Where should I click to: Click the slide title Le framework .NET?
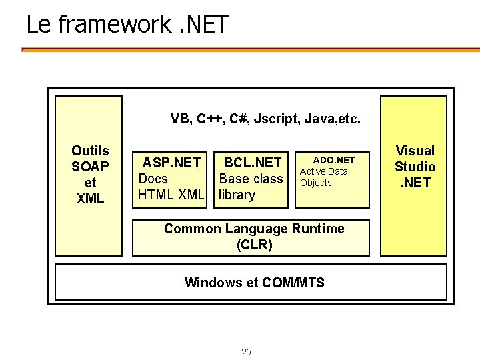(127, 25)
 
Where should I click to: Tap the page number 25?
(246, 352)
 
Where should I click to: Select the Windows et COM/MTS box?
(254, 283)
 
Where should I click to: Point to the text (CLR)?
(254, 245)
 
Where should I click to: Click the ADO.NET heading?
(333, 160)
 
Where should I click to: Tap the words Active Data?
(323, 171)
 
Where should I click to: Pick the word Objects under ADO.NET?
(315, 183)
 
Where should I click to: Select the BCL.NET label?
(252, 163)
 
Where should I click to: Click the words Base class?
(251, 179)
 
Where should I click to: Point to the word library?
(237, 195)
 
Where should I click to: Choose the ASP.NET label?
(171, 163)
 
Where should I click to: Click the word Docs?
(153, 179)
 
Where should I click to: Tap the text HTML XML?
(170, 195)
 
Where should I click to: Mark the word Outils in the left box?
(90, 151)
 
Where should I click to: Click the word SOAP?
(90, 167)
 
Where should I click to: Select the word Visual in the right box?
(415, 151)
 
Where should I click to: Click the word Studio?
(415, 167)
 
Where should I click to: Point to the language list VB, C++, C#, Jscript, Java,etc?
(265, 119)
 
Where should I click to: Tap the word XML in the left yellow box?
(90, 199)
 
